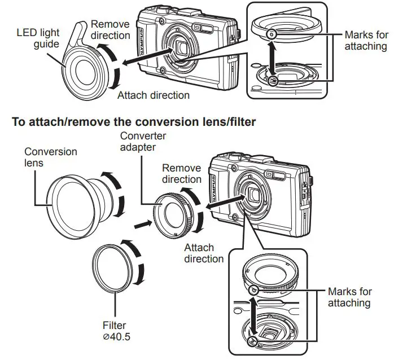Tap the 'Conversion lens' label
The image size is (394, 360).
(x=50, y=158)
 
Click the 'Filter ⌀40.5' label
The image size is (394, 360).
(x=114, y=331)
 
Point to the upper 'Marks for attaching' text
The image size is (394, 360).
(x=366, y=41)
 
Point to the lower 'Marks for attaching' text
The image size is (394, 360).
(x=350, y=297)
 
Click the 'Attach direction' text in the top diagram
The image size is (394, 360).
(x=153, y=95)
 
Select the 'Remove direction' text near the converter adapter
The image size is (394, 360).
(x=181, y=174)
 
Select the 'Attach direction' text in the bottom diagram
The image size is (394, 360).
(x=199, y=253)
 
